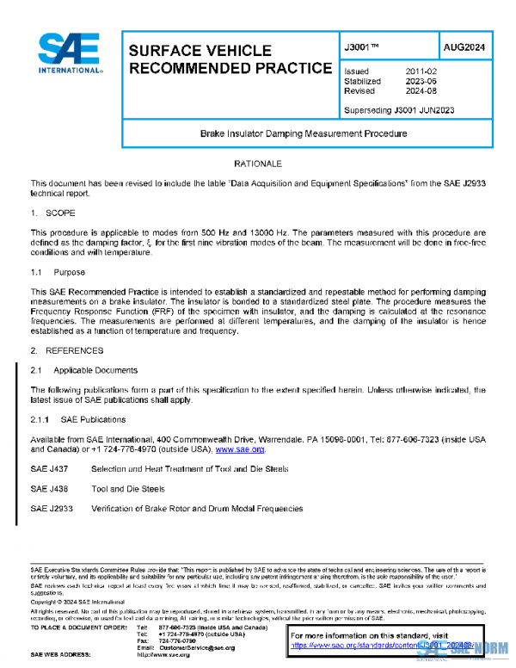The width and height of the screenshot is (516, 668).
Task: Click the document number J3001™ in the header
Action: pyautogui.click(x=365, y=48)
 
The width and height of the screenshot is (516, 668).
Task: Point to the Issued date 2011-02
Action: pyautogui.click(x=421, y=71)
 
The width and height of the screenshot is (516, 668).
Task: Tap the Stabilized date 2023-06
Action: pyautogui.click(x=421, y=81)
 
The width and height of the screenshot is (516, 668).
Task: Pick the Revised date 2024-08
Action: pyautogui.click(x=421, y=90)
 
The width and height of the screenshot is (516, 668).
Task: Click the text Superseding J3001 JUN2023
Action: pyautogui.click(x=398, y=110)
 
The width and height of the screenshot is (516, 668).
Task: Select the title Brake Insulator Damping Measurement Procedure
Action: pyautogui.click(x=304, y=134)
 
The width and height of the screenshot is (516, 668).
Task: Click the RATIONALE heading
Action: pyautogui.click(x=258, y=164)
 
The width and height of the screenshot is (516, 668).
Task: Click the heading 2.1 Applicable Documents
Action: pyautogui.click(x=83, y=370)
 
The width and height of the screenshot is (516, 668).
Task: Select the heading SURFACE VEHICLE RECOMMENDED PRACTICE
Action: pyautogui.click(x=229, y=59)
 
